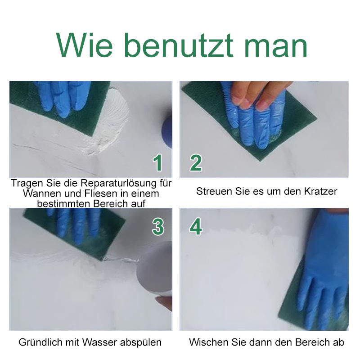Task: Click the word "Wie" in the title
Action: tap(84, 45)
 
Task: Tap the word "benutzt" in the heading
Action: tap(179, 45)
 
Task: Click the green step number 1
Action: tap(158, 163)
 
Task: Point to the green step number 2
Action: tap(196, 163)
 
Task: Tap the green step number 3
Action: tap(158, 227)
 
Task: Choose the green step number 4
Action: tap(196, 227)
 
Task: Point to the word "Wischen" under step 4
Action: tap(207, 342)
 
